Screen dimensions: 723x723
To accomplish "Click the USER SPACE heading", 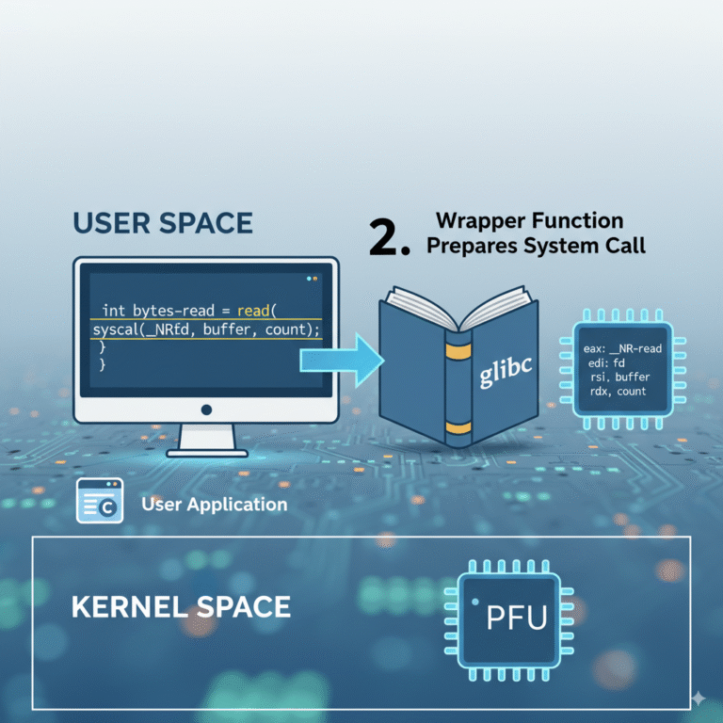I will [x=162, y=223].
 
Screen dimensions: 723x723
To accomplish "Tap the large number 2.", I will [x=388, y=238].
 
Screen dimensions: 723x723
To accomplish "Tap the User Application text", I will [x=214, y=505].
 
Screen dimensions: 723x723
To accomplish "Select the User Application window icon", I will [x=100, y=501].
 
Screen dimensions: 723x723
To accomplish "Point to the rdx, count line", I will [x=619, y=391].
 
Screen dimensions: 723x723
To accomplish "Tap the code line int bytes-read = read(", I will [x=199, y=310].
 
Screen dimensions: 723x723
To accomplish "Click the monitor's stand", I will [x=206, y=439].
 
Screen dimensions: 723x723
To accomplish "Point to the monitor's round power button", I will [x=206, y=410].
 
